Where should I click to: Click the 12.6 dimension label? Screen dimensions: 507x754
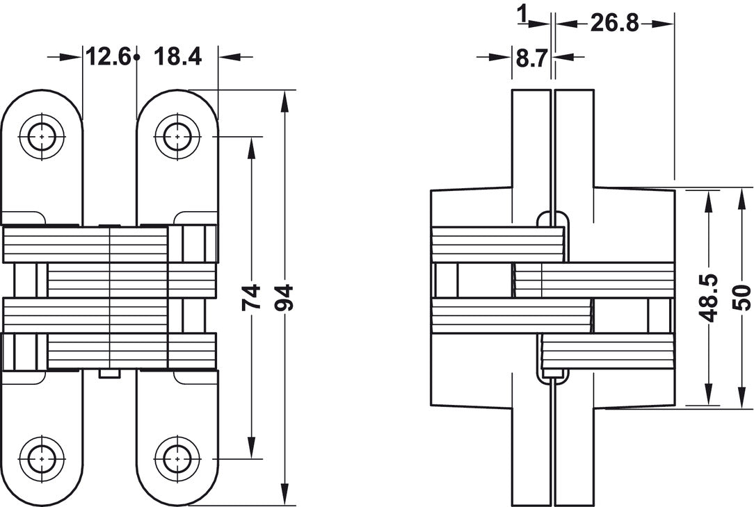pos(109,56)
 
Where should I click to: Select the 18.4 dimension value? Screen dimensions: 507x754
pos(177,56)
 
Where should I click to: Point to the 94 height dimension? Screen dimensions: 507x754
pos(284,297)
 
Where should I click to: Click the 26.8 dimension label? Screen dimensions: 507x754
pos(615,23)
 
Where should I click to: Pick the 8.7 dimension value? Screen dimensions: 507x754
pos(531,57)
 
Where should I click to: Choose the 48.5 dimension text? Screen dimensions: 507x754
pos(708,297)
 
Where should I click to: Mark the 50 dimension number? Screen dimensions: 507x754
pos(741,297)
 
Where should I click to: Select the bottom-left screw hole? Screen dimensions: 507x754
pos(41,458)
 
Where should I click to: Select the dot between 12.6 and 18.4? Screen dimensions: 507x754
pos(138,56)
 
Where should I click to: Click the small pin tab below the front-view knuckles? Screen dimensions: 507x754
pos(110,374)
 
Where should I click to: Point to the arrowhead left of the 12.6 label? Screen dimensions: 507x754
pos(75,56)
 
